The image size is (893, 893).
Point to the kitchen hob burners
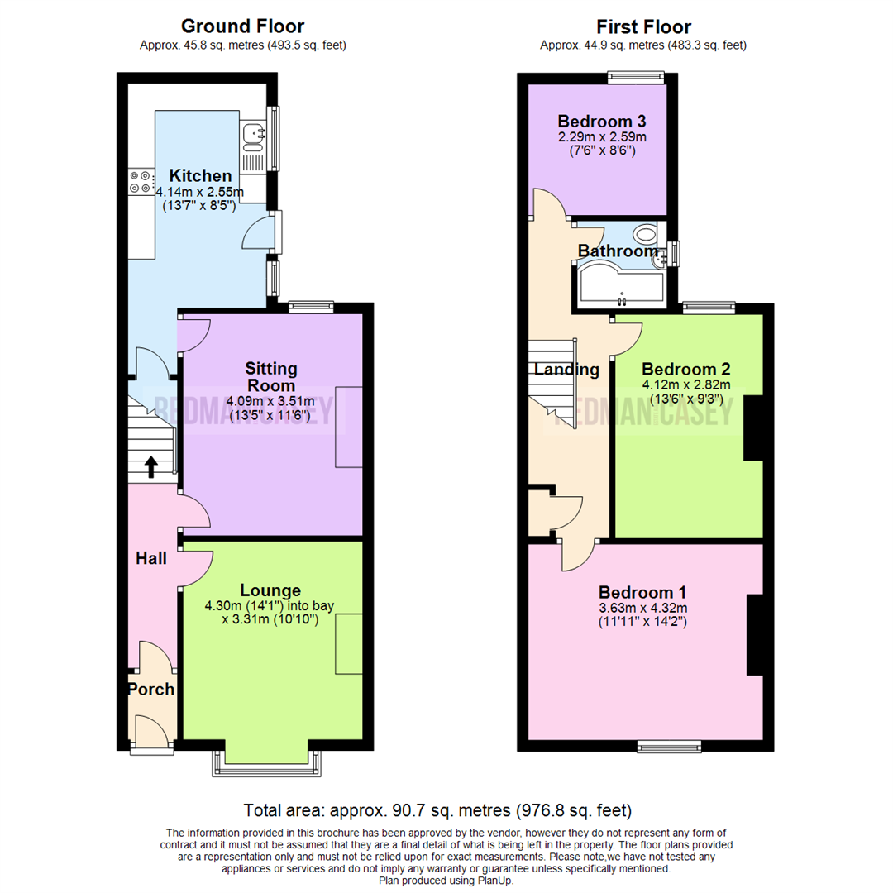(140, 182)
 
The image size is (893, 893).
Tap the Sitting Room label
(271, 377)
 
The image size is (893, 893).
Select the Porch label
(150, 689)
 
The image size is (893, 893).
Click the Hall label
(151, 559)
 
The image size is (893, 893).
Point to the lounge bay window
(266, 764)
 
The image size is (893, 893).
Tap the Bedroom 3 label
(601, 119)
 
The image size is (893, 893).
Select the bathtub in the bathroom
(620, 284)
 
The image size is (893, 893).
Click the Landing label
(566, 370)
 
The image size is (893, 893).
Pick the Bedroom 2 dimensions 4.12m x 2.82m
(686, 384)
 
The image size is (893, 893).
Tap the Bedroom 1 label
(642, 592)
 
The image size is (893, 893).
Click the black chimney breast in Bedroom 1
(754, 634)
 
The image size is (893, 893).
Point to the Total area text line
(437, 809)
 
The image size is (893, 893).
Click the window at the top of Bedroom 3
(637, 79)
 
